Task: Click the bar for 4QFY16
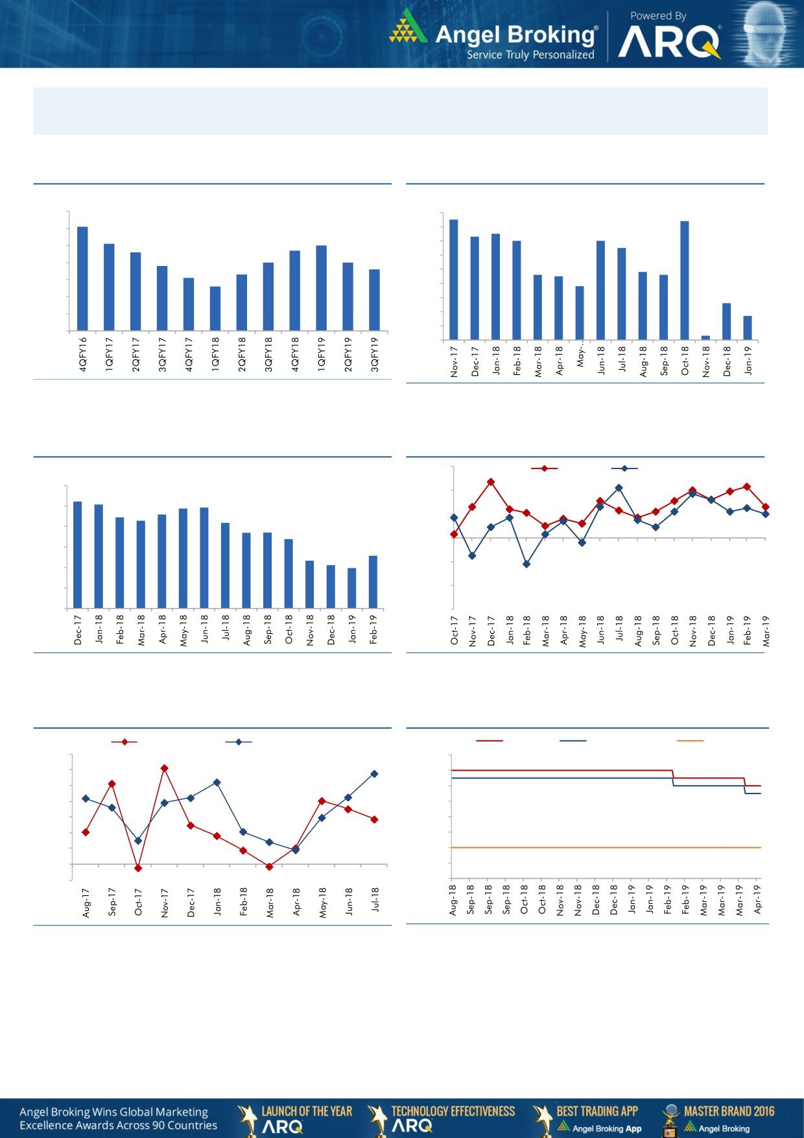82,278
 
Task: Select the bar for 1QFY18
215,308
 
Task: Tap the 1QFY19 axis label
321,354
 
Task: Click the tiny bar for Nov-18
705,337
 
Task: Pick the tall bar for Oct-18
685,280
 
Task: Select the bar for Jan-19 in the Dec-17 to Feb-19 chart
352,588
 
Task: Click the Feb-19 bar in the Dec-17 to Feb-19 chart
373,581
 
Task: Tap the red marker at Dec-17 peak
491,482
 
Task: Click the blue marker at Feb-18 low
526,564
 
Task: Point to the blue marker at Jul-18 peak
619,488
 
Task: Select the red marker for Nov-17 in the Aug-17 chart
165,768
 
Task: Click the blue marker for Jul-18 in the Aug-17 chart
374,774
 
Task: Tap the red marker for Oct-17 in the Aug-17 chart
138,867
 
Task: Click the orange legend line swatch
690,741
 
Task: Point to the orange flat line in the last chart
603,847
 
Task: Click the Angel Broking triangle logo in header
408,27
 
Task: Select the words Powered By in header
658,16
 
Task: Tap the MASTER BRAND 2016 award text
729,1111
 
